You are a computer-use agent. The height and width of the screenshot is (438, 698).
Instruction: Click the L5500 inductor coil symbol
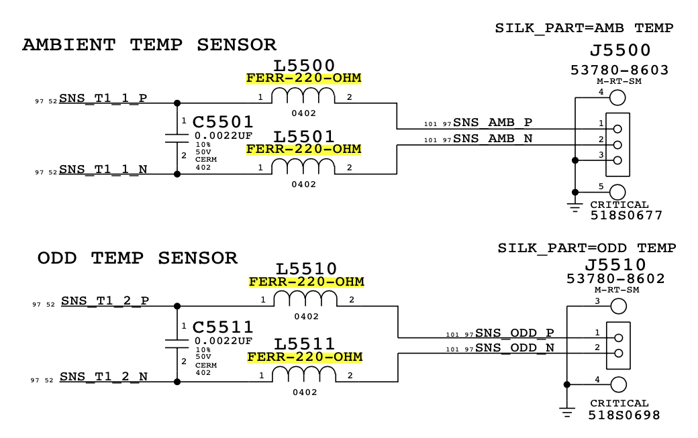click(303, 98)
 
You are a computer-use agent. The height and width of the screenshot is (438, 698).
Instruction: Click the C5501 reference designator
click(223, 122)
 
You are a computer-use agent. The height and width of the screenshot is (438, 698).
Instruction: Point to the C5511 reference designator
click(223, 327)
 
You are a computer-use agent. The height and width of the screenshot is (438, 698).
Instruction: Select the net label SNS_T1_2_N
click(104, 376)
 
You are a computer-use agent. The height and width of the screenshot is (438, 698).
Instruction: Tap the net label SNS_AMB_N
click(493, 139)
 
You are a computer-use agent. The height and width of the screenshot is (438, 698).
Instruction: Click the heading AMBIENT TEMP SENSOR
click(149, 45)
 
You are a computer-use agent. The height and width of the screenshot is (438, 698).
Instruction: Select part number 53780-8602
click(617, 278)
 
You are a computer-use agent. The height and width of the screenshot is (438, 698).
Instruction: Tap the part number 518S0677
click(626, 216)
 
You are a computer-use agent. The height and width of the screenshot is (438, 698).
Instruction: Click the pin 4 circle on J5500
click(617, 98)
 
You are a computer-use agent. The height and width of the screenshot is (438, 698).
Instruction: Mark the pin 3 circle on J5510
click(617, 307)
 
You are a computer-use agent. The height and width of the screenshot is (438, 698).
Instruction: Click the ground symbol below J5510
click(567, 410)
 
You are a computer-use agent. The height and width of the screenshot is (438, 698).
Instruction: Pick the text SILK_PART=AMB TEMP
click(583, 28)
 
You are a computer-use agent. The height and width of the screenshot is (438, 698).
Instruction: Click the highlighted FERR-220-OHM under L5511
click(304, 356)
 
